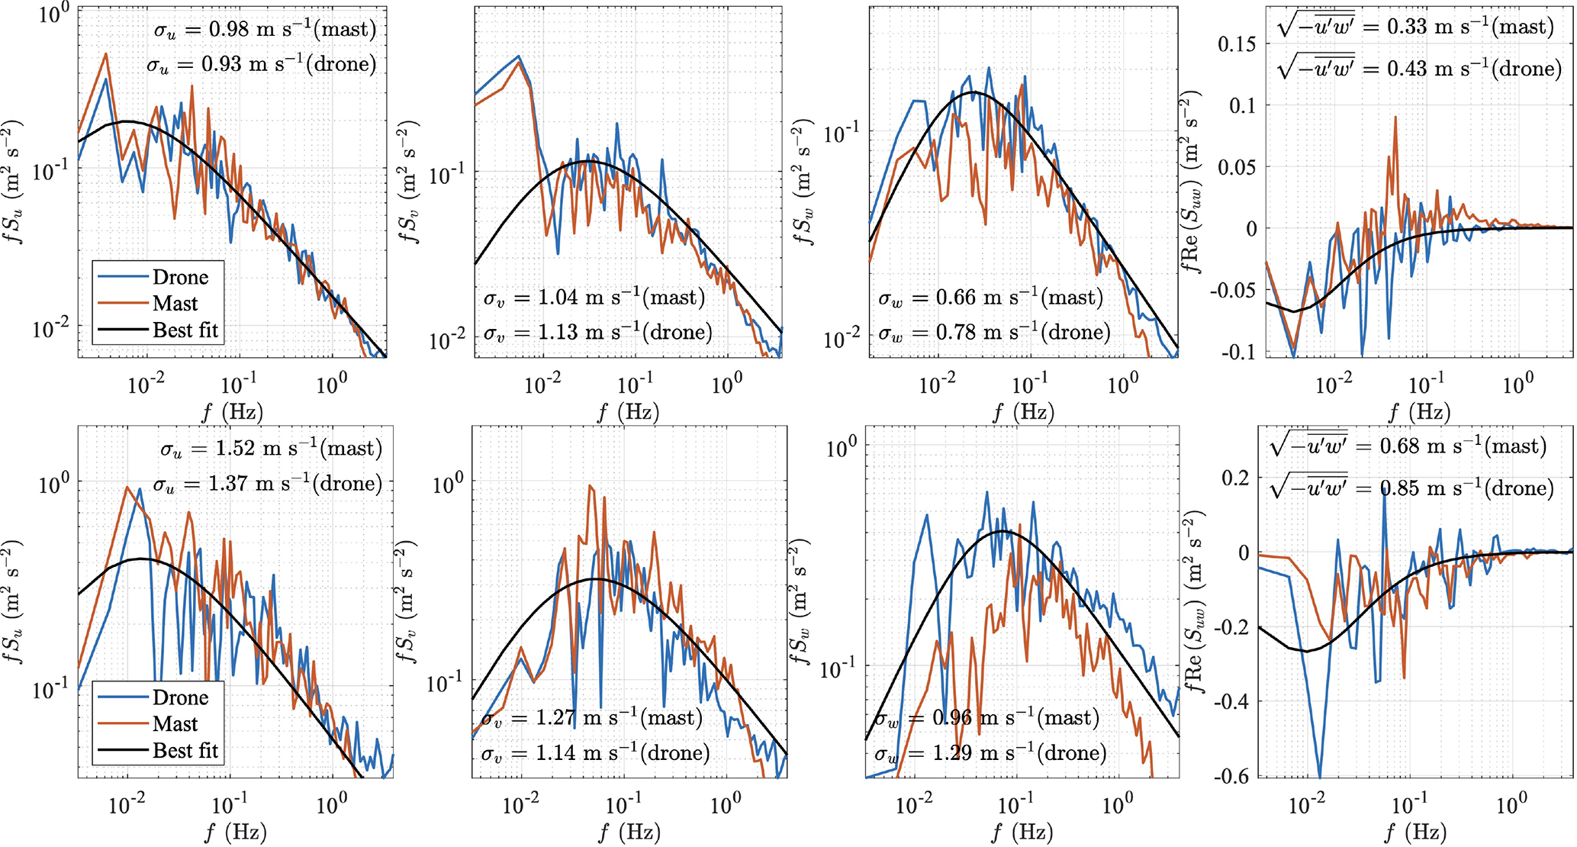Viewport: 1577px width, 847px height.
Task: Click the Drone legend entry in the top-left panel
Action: [x=180, y=277]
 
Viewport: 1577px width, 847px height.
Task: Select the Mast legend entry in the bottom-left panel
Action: [x=175, y=724]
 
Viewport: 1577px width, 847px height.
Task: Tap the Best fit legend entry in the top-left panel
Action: [x=185, y=330]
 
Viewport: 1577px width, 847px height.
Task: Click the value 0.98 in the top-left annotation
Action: [x=229, y=29]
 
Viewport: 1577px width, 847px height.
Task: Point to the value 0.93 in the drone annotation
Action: [x=221, y=64]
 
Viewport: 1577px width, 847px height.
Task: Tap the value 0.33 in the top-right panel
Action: [x=1407, y=27]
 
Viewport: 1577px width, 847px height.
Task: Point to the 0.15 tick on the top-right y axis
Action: [x=1237, y=43]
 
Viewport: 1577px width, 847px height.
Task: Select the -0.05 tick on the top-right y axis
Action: [x=1233, y=290]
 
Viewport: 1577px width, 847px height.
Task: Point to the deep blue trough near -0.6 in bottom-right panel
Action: [x=1320, y=777]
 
